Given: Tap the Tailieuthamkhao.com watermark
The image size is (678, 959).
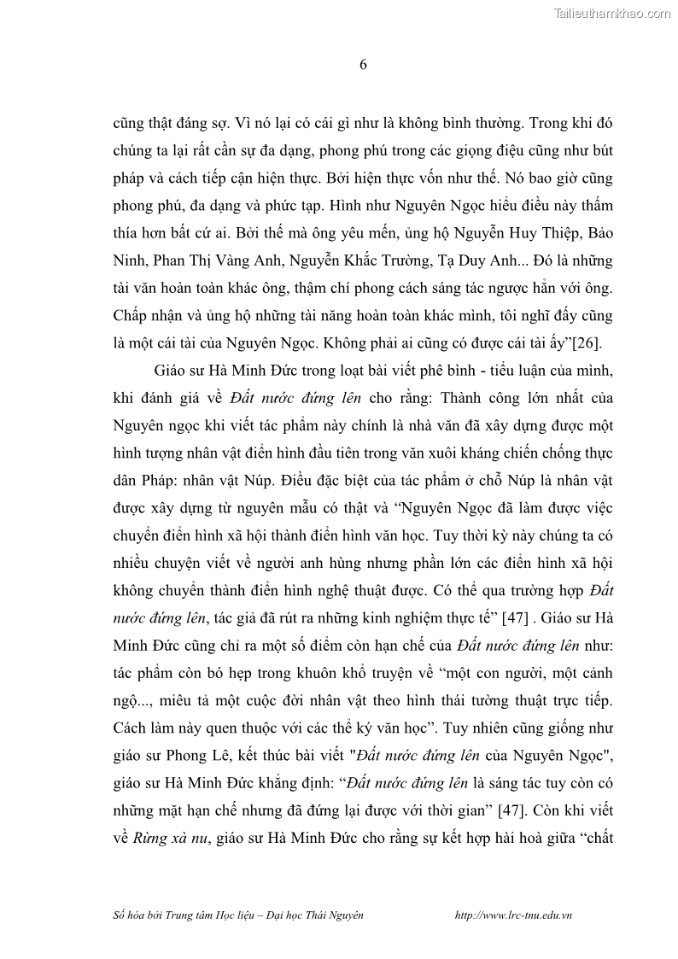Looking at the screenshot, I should [x=613, y=13].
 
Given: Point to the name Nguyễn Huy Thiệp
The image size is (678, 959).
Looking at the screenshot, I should [x=509, y=233].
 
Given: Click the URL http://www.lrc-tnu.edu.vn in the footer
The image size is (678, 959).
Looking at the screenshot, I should [x=514, y=914].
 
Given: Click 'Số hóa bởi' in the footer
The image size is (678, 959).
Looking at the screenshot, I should [x=137, y=914].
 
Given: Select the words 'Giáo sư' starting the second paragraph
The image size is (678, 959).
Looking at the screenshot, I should [x=177, y=372].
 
